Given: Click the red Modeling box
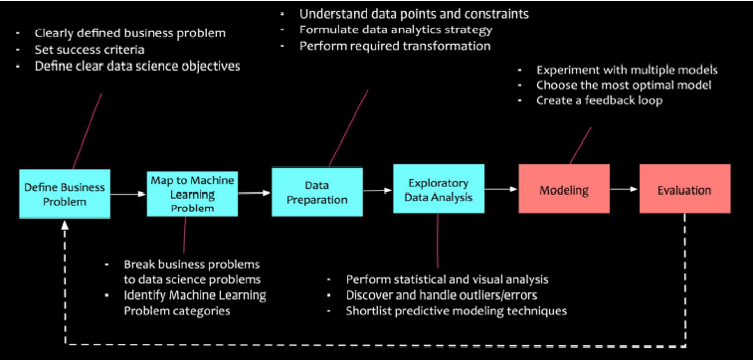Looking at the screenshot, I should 563,189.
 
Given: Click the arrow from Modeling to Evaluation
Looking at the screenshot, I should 624,189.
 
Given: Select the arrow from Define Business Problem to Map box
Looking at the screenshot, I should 125,196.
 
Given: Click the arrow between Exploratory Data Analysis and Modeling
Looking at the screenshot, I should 500,189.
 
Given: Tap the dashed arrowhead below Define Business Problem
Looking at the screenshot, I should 66,227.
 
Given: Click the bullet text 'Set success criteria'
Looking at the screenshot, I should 88,50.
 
